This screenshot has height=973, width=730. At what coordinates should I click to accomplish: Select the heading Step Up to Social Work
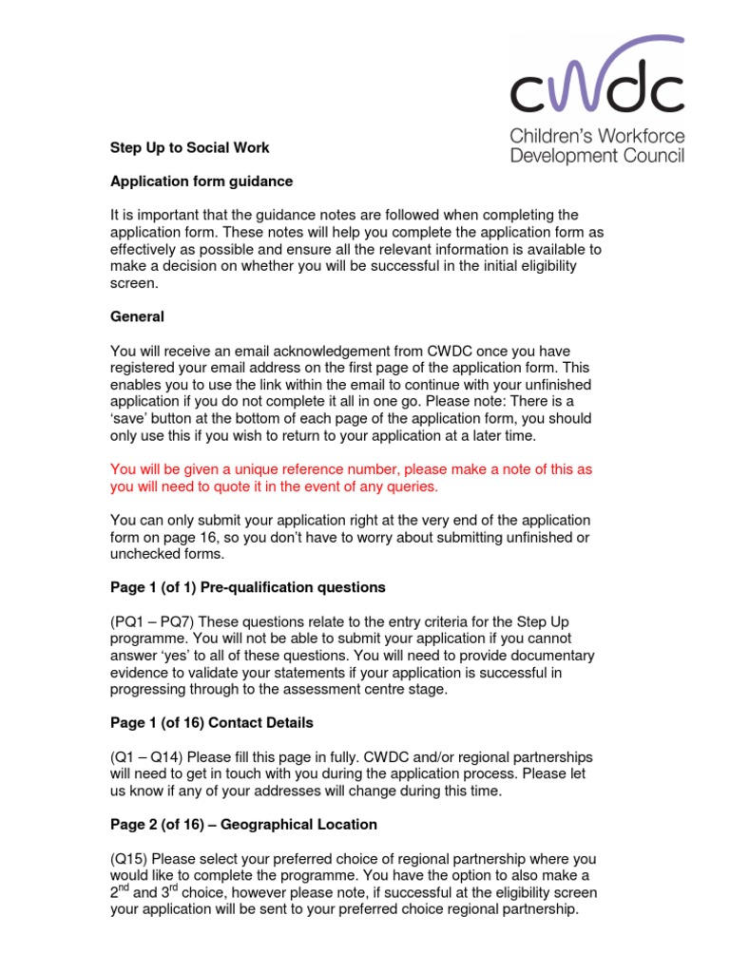coord(190,147)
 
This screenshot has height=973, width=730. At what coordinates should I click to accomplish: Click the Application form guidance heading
coord(202,181)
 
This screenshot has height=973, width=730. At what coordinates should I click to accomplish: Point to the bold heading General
coord(138,316)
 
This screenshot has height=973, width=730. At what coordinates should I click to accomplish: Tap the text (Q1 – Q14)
coord(147,757)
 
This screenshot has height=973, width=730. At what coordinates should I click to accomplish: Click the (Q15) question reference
coord(132,859)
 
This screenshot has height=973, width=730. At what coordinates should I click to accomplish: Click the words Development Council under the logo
coord(597,155)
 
